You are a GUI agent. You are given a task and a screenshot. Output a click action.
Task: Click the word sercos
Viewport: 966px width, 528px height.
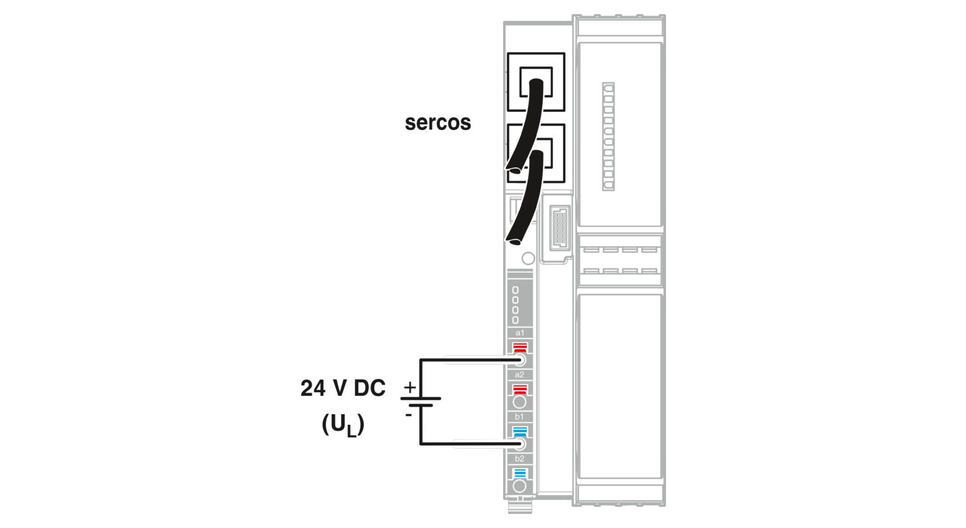pos(438,123)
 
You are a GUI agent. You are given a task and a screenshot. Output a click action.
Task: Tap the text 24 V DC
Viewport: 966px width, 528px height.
pos(343,388)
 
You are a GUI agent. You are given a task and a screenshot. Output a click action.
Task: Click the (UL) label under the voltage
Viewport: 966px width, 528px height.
pos(343,426)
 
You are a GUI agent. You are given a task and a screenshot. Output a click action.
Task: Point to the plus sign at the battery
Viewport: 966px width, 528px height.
pos(410,387)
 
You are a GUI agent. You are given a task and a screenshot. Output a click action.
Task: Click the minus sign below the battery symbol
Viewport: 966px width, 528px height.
pos(408,415)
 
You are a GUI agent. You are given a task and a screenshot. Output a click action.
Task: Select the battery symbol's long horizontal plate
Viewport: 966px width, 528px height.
pos(421,399)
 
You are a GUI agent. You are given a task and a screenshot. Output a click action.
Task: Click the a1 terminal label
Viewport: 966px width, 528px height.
pos(520,333)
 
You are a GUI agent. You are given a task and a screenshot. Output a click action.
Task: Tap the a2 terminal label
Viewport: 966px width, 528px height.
pos(520,375)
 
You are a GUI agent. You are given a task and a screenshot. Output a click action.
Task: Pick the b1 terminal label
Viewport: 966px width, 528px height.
pos(520,417)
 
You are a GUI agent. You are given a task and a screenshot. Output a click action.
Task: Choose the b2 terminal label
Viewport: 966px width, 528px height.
pos(520,458)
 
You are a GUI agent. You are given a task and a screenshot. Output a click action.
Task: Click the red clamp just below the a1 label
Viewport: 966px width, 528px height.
pos(520,348)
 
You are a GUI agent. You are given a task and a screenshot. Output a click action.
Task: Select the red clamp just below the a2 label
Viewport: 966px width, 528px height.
pos(520,390)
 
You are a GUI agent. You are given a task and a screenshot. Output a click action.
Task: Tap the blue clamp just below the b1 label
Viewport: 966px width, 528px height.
pos(520,431)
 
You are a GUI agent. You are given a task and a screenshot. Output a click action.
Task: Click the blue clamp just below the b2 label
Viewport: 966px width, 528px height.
pos(520,473)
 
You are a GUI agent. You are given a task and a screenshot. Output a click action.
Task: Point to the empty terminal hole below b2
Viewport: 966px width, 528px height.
pos(520,487)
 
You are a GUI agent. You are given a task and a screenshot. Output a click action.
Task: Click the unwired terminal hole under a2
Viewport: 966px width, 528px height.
pos(520,402)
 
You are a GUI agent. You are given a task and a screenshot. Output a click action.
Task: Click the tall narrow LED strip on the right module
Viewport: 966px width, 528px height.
pos(608,137)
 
